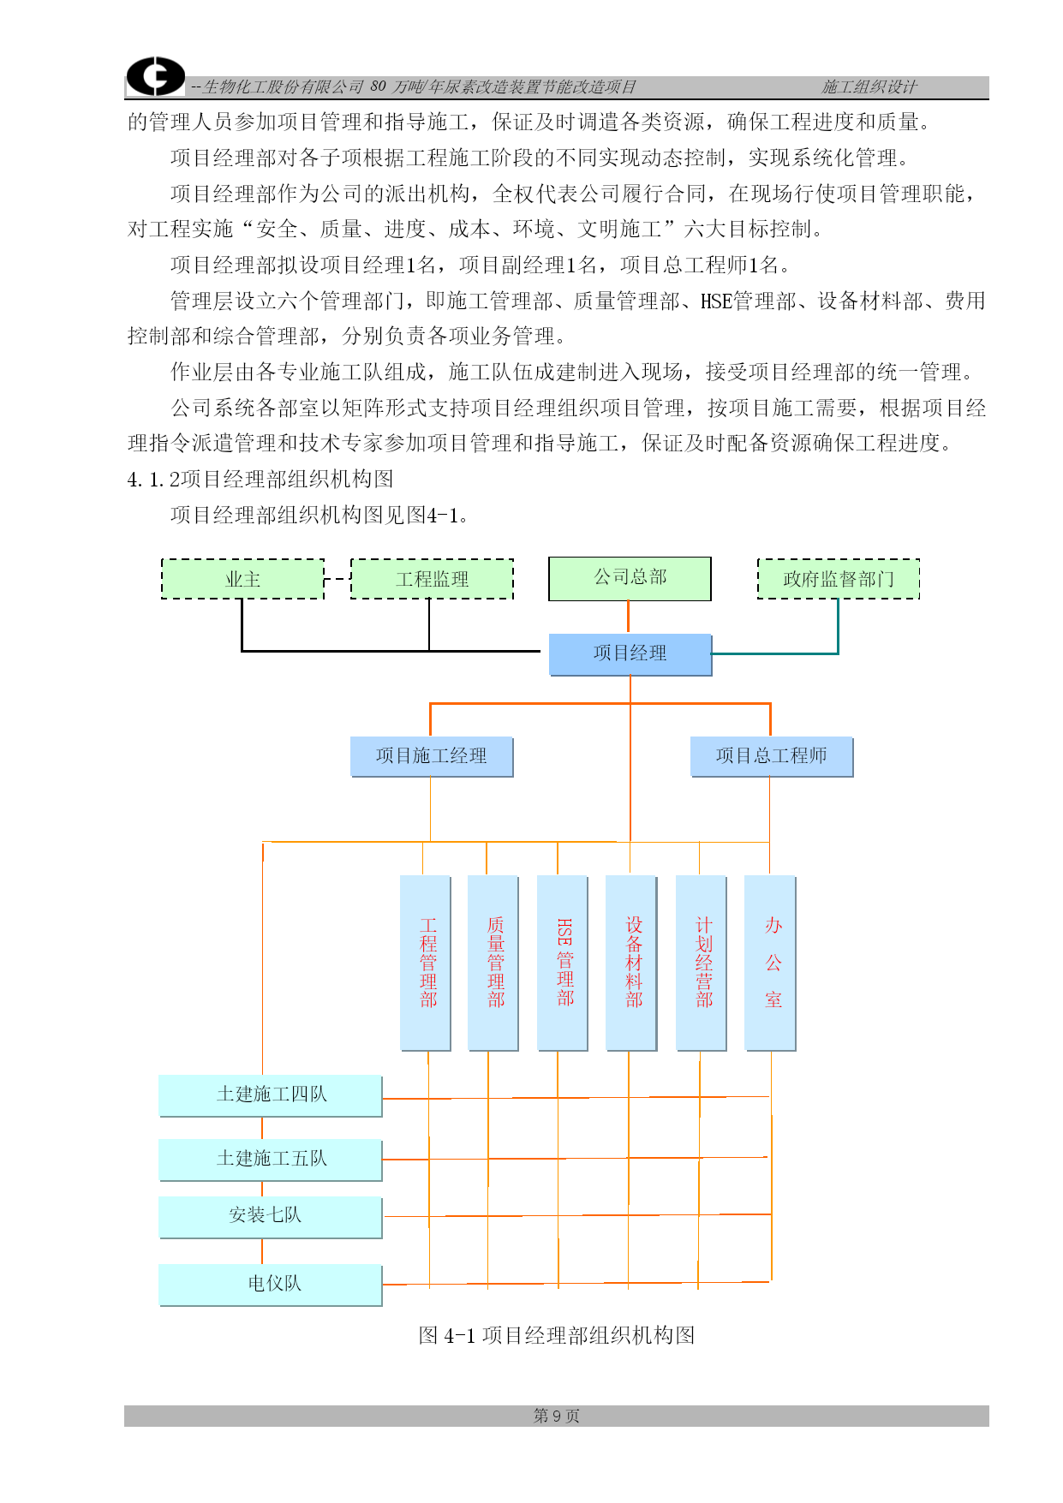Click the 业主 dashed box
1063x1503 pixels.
click(243, 579)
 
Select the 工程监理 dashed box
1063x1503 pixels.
click(433, 579)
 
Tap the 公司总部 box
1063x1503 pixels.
click(630, 578)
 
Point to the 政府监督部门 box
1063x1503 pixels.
click(839, 579)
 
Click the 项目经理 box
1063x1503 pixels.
click(630, 654)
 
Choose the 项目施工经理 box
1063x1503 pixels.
click(432, 756)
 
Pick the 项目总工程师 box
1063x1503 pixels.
click(772, 756)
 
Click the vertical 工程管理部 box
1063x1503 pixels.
click(426, 963)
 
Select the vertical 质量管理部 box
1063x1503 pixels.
click(493, 963)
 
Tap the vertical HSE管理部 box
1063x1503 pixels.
click(563, 963)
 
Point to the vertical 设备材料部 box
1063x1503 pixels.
click(631, 963)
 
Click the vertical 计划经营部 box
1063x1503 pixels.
click(702, 963)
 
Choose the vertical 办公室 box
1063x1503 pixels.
click(771, 963)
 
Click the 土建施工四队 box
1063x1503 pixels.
click(271, 1096)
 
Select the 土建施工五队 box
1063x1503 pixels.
click(271, 1160)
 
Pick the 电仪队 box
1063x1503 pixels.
click(271, 1285)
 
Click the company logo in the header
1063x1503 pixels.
click(155, 76)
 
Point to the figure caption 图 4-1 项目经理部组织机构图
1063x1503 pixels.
click(557, 1335)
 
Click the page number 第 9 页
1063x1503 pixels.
click(557, 1416)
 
